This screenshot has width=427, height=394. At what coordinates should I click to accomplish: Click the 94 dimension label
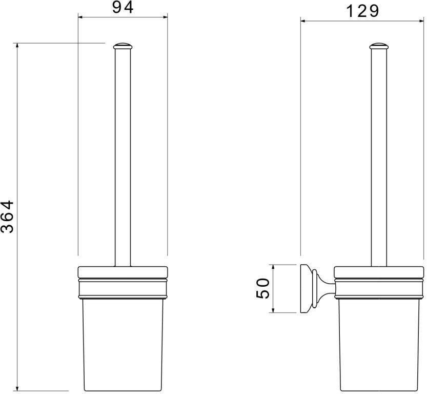pyautogui.click(x=123, y=7)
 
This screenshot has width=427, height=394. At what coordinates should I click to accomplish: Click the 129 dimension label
pyautogui.click(x=362, y=11)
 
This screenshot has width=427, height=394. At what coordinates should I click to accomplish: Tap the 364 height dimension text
pyautogui.click(x=7, y=216)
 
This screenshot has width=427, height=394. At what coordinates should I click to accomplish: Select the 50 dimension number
pyautogui.click(x=263, y=288)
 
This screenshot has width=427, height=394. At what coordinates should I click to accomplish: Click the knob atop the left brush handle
pyautogui.click(x=123, y=46)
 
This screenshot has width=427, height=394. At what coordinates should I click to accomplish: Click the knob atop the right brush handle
pyautogui.click(x=379, y=46)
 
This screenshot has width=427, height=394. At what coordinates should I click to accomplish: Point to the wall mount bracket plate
pyautogui.click(x=304, y=288)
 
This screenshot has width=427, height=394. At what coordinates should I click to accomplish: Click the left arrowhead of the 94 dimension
pyautogui.click(x=80, y=17)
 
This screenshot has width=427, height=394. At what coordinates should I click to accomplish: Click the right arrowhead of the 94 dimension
pyautogui.click(x=165, y=17)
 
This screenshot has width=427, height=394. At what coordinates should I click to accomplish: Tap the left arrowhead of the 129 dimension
pyautogui.click(x=303, y=21)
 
